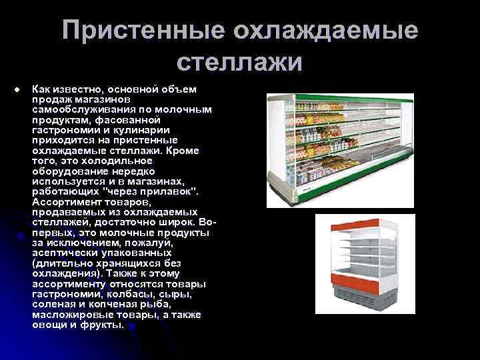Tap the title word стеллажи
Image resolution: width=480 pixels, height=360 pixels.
point(241,63)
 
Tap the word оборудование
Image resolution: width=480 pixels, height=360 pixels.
point(73,171)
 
